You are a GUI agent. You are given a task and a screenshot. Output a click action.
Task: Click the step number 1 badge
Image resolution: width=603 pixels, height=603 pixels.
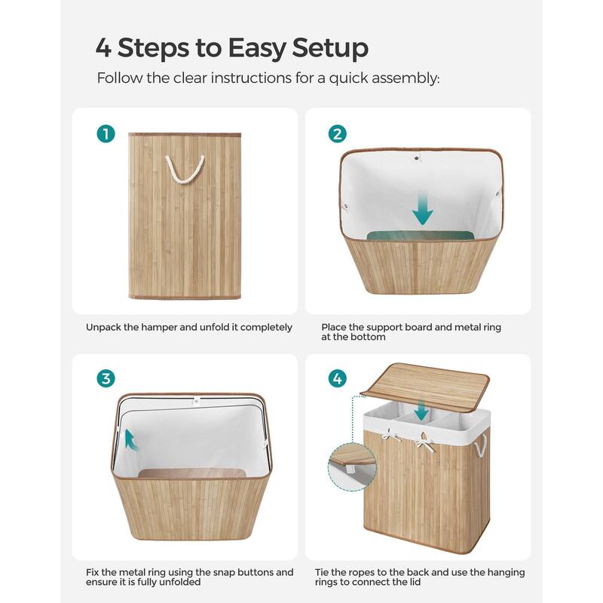(106, 134)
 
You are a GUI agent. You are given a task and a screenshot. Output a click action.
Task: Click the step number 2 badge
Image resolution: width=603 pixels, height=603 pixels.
(338, 134)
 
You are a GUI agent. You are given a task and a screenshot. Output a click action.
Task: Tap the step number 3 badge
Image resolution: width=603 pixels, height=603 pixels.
(106, 378)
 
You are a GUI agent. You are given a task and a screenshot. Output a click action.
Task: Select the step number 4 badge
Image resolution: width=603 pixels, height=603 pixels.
(338, 378)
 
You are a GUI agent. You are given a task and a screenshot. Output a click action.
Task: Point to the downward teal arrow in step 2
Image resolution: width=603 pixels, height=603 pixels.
(423, 209)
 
